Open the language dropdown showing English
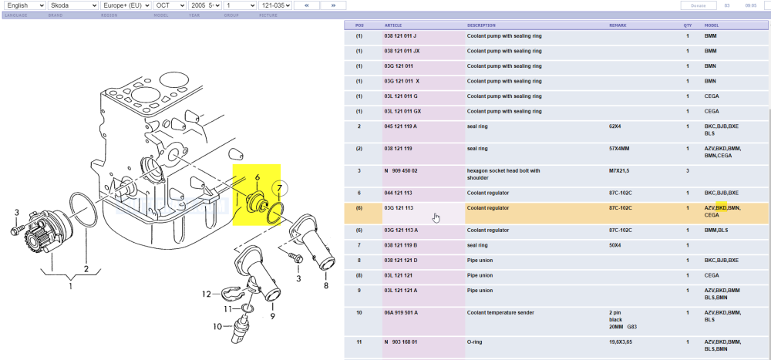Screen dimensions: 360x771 tap(23, 5)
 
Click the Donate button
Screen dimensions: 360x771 tap(699, 5)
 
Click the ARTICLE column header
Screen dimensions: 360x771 tap(392, 25)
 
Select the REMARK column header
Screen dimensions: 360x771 tap(618, 25)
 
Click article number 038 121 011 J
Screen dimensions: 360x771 tap(400, 36)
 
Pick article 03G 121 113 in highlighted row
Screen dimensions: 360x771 tap(399, 208)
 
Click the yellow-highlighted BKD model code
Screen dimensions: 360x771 tap(722, 208)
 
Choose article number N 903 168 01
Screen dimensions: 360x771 tap(402, 341)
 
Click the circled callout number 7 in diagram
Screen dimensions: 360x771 tap(280, 188)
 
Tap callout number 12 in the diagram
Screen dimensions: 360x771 tap(207, 294)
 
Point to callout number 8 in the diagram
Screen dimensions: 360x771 tap(325, 286)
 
